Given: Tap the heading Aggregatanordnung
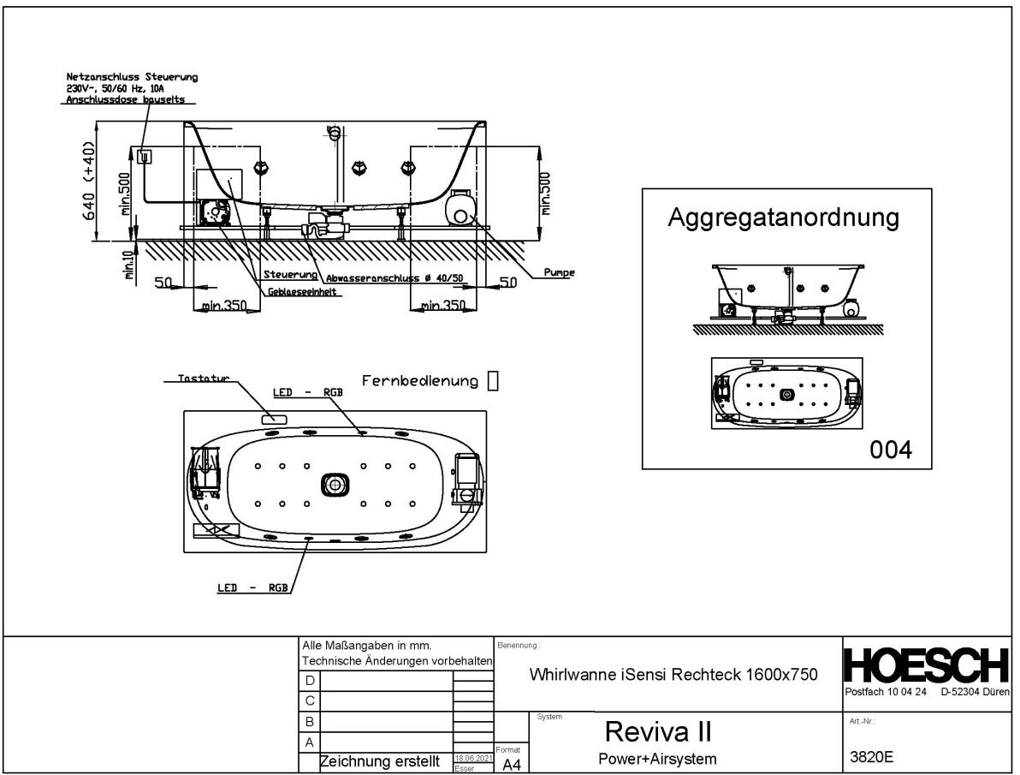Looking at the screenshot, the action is click(x=783, y=218).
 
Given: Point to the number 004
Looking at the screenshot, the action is click(x=891, y=449).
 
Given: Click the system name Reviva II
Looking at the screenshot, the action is click(x=659, y=732).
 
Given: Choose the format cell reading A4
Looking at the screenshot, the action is click(x=511, y=764).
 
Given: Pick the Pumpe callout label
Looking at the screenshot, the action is click(x=559, y=273).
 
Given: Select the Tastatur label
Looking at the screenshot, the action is click(x=203, y=378).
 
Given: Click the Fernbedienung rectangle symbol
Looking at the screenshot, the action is click(x=492, y=381).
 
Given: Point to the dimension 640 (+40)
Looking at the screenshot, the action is click(x=89, y=181).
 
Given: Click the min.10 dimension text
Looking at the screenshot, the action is click(x=129, y=265).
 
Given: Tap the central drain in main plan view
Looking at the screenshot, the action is click(x=335, y=485).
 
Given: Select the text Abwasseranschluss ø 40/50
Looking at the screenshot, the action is click(x=394, y=277).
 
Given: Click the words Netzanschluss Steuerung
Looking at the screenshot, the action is click(x=132, y=78).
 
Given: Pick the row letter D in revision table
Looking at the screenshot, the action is click(x=310, y=680).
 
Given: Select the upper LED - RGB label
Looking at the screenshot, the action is click(x=308, y=392).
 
